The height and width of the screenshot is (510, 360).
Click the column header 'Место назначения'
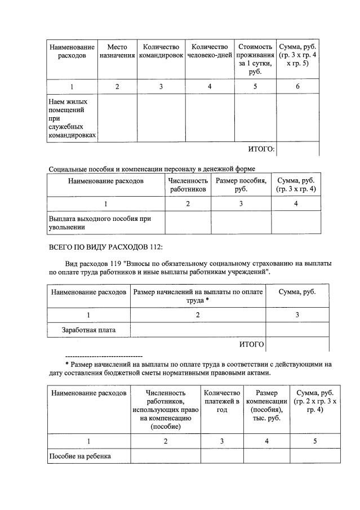(x=117, y=51)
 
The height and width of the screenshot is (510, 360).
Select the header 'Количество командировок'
(x=161, y=51)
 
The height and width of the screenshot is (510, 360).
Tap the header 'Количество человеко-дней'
(x=210, y=51)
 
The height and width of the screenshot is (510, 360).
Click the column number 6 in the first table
(x=297, y=87)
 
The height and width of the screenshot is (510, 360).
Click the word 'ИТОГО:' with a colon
(x=261, y=149)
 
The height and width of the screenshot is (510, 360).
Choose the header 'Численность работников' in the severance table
(x=188, y=185)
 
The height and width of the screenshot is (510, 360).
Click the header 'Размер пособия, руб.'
(x=241, y=185)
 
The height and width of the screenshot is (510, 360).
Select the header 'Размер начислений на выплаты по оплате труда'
(x=198, y=296)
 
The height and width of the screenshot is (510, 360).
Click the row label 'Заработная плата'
(x=88, y=330)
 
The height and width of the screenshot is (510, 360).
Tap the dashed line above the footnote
(x=104, y=357)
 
